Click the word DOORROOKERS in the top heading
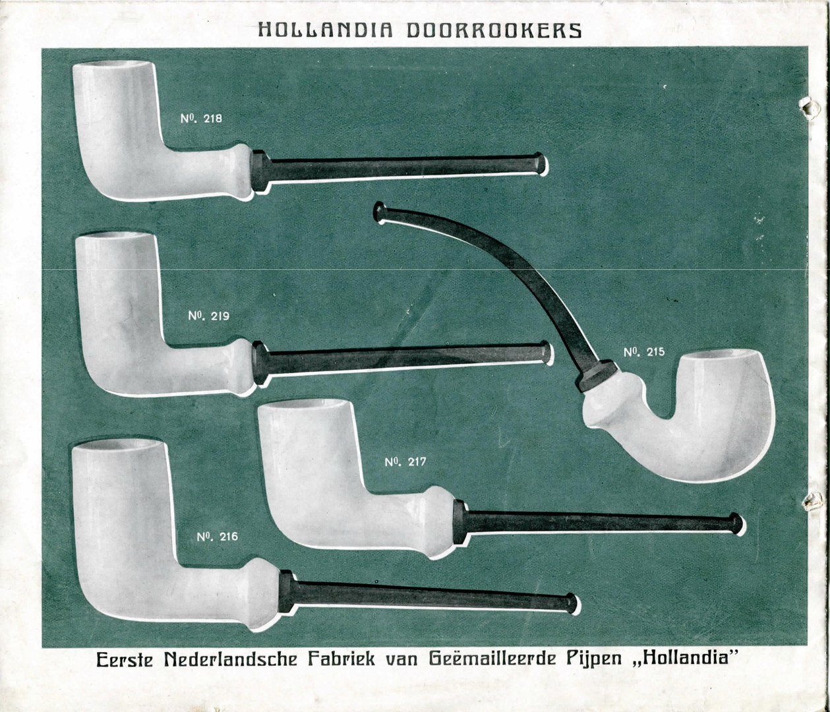point(494,30)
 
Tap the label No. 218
point(201,119)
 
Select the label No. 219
point(208,316)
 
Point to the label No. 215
point(644,352)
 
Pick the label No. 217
point(405,462)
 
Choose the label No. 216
point(217,537)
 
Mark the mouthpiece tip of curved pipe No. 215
point(380,212)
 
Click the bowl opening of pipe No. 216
point(117,445)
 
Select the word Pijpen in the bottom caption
point(599,659)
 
